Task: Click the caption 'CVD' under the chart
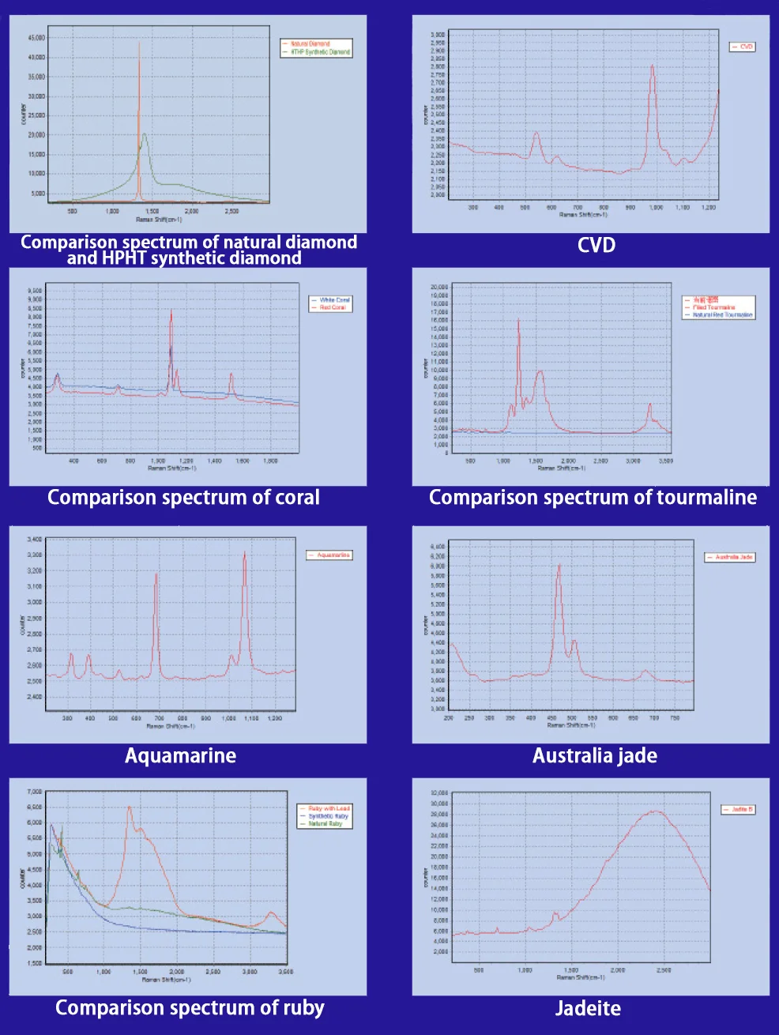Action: click(x=596, y=245)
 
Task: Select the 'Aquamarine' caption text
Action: click(x=180, y=756)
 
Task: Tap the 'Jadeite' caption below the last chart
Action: click(x=588, y=1008)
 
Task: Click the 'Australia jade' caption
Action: click(x=595, y=756)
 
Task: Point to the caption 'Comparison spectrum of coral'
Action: click(x=183, y=498)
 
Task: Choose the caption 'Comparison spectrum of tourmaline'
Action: click(x=593, y=498)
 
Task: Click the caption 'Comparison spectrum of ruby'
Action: click(x=190, y=1008)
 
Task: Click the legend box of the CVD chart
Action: click(x=743, y=47)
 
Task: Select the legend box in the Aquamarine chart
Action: click(x=329, y=555)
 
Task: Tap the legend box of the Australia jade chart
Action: click(x=730, y=558)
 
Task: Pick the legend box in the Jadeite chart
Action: click(x=739, y=810)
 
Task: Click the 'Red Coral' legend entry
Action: click(x=332, y=308)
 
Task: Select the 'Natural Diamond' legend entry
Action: click(x=310, y=43)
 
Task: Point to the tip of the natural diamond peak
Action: click(x=140, y=43)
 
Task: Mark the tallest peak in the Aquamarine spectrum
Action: click(x=245, y=552)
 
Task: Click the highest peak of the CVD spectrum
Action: click(x=653, y=66)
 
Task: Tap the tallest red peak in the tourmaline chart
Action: click(x=518, y=319)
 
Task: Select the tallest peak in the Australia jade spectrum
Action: click(x=559, y=565)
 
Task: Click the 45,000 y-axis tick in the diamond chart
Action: click(x=36, y=38)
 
